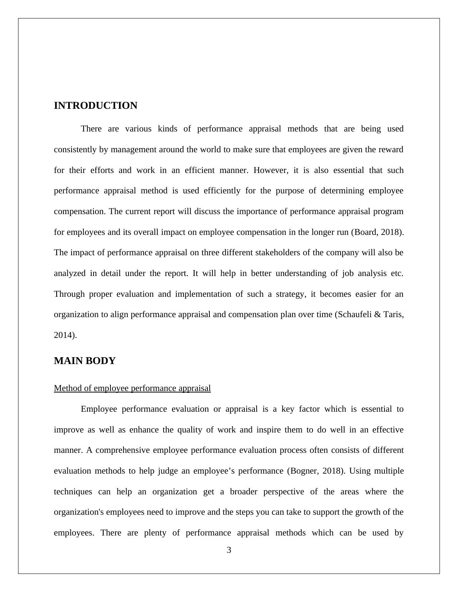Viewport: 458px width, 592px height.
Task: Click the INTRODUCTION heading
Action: pos(95,106)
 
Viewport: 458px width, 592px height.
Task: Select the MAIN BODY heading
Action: pos(85,361)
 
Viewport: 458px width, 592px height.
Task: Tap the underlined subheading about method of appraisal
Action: pos(132,388)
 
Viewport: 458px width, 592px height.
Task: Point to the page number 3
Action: pos(229,550)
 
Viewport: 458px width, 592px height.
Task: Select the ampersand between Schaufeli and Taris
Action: pos(377,314)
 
